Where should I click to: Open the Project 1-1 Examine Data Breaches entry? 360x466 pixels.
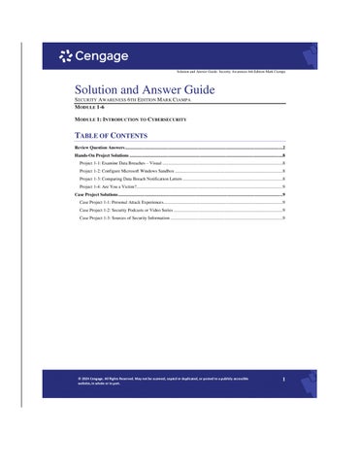(121, 164)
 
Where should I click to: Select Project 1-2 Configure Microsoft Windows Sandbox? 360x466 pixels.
(130, 172)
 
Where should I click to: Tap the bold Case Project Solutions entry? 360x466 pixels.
(96, 195)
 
